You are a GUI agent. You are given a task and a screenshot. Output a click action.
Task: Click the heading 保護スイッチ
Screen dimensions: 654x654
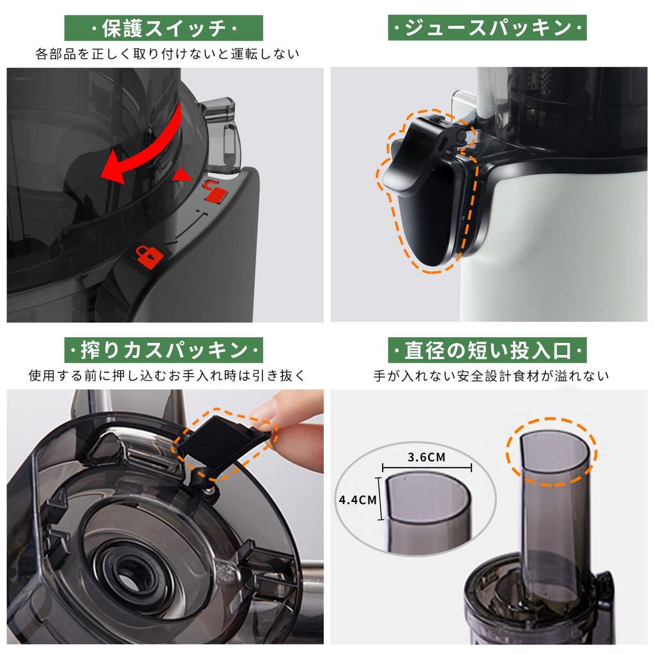(x=164, y=28)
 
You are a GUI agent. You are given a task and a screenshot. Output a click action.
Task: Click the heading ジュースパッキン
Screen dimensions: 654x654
(x=487, y=28)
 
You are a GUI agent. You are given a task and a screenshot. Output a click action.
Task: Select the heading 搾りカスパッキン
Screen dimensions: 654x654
(x=164, y=351)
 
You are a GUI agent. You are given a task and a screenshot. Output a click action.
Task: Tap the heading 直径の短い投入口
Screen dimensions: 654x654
(x=487, y=351)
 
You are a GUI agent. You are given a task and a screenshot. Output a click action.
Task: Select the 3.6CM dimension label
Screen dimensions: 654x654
(x=426, y=457)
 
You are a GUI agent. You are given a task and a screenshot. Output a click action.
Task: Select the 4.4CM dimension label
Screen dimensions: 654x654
(x=358, y=499)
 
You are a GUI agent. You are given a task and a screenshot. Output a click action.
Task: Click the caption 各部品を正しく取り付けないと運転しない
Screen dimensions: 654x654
(x=167, y=54)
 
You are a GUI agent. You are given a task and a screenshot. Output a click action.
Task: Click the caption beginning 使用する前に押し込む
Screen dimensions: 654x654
(x=167, y=376)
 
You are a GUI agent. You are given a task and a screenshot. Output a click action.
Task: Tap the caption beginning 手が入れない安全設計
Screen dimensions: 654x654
(x=491, y=376)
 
